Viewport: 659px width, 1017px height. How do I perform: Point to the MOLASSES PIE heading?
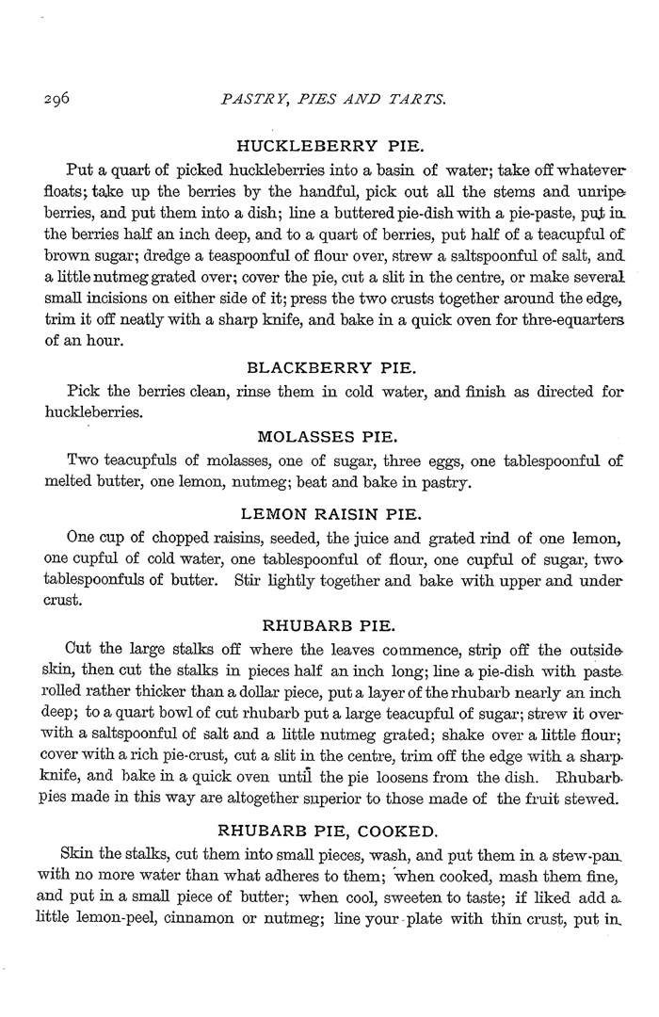click(x=328, y=436)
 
